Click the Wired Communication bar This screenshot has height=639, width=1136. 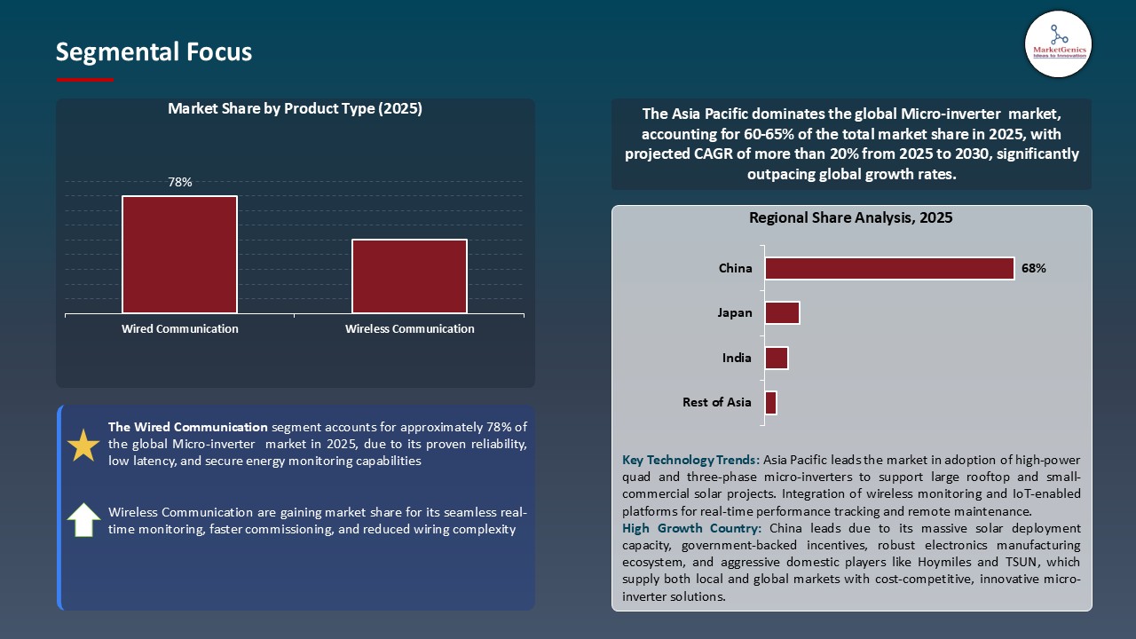pos(179,255)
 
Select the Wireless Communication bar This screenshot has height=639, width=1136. pos(409,276)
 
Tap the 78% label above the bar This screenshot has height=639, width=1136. pos(179,182)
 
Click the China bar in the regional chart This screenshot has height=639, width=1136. pos(889,268)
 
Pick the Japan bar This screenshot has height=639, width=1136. pos(782,312)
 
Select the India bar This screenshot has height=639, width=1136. pos(776,358)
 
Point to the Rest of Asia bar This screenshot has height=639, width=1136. pos(770,402)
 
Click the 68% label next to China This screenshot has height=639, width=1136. pos(1033,268)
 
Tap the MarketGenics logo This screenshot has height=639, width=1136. pos(1058,43)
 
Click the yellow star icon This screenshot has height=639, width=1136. pos(83,446)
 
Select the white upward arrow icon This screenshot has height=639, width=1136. pos(83,520)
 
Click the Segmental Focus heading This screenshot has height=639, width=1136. pos(154,52)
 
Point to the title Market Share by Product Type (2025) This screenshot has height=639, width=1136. pos(295,109)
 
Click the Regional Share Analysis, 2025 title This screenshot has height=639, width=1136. pos(850,217)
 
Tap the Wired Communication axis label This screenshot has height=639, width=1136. pos(179,328)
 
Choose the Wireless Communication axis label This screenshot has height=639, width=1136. pos(409,328)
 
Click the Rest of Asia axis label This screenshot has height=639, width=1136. pos(716,402)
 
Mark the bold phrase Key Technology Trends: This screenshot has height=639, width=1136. pos(690,460)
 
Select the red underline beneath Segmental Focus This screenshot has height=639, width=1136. pos(85,80)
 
